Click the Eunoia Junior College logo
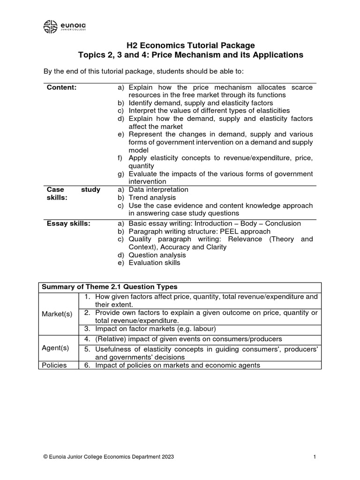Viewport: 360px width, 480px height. [66, 26]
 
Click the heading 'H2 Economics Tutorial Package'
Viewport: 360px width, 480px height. [191, 45]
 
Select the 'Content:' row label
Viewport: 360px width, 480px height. [62, 87]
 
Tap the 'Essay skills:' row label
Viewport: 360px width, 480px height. [68, 224]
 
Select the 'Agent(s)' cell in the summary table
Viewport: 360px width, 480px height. [58, 348]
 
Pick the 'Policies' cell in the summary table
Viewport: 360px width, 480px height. [55, 365]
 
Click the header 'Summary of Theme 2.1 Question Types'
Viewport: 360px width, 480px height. [110, 287]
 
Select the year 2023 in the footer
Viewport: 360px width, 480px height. [167, 457]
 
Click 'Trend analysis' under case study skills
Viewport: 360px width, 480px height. [152, 198]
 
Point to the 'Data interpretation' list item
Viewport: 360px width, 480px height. [158, 190]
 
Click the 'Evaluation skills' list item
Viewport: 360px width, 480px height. [154, 263]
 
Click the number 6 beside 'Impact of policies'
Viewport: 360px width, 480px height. [87, 365]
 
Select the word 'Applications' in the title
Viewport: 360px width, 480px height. [278, 55]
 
